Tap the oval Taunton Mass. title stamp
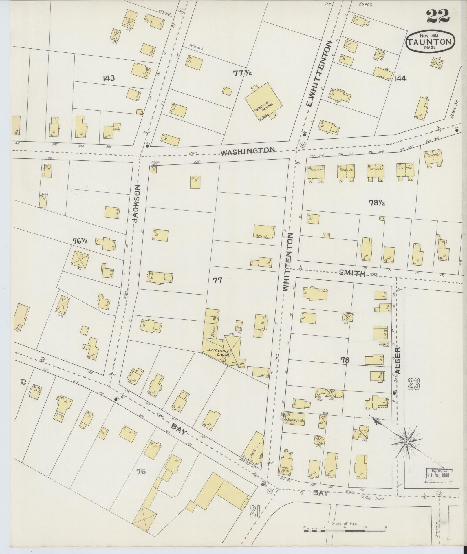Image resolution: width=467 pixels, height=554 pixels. [431, 41]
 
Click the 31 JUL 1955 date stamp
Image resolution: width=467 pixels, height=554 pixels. [438, 476]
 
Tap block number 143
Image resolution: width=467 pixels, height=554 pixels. [108, 78]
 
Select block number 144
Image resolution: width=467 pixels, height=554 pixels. [400, 78]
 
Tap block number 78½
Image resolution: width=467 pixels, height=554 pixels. [377, 203]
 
